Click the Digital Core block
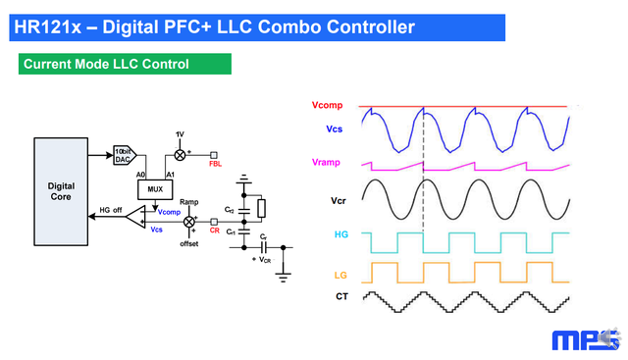(62, 185)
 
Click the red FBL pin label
(215, 163)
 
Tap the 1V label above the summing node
(180, 133)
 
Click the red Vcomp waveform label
(327, 105)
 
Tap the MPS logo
(586, 339)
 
